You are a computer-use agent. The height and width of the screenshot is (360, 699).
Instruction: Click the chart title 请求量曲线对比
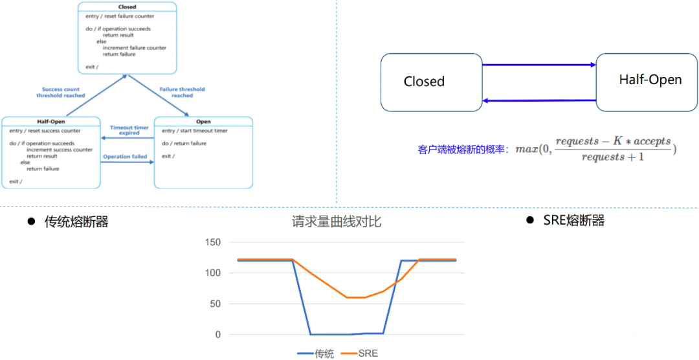pyautogui.click(x=336, y=222)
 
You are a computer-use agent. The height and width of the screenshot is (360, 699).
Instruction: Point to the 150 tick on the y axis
pyautogui.click(x=212, y=243)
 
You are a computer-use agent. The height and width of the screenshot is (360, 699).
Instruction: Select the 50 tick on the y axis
pyautogui.click(x=215, y=304)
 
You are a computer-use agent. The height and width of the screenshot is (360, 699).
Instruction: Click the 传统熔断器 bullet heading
pyautogui.click(x=76, y=222)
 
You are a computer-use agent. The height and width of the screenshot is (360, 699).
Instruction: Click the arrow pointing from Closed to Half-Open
pyautogui.click(x=538, y=65)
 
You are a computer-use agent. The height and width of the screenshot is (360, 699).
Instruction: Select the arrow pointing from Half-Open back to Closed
pyautogui.click(x=538, y=100)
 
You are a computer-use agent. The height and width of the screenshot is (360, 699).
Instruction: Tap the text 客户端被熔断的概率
pyautogui.click(x=463, y=150)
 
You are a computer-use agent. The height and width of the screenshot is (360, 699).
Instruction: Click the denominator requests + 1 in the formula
pyautogui.click(x=612, y=157)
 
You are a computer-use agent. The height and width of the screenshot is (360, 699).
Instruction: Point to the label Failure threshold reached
pyautogui.click(x=182, y=93)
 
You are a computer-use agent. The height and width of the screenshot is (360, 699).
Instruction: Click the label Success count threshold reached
pyautogui.click(x=60, y=93)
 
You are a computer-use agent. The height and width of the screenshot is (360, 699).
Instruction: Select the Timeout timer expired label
pyautogui.click(x=129, y=130)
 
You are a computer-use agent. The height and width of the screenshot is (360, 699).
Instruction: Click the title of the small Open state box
pyautogui.click(x=203, y=122)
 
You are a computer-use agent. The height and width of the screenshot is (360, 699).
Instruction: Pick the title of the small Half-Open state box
pyautogui.click(x=51, y=122)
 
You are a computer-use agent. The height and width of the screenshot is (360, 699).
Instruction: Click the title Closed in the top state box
pyautogui.click(x=127, y=7)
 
